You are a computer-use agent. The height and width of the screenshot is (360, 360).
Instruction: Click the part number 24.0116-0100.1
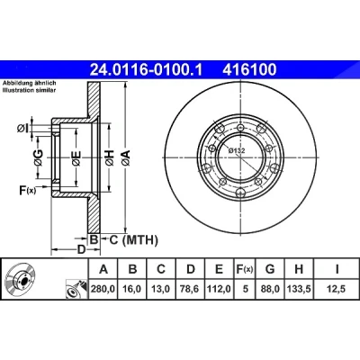tap(147, 69)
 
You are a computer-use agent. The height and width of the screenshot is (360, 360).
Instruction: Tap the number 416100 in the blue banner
tap(249, 69)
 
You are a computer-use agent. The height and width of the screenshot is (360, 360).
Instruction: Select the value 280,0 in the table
tap(103, 289)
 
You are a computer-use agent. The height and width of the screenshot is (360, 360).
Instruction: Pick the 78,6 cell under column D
tap(191, 289)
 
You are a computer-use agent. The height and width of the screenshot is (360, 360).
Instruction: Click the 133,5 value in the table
tap(299, 289)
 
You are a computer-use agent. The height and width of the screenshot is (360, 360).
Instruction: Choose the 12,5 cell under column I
tap(337, 289)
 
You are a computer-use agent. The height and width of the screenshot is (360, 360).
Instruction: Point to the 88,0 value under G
tap(270, 289)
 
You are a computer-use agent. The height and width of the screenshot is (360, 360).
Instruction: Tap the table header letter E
tap(220, 269)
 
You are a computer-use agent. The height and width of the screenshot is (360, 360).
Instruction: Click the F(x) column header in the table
tap(245, 269)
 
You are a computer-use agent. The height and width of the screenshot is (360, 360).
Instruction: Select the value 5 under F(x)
tap(246, 289)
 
